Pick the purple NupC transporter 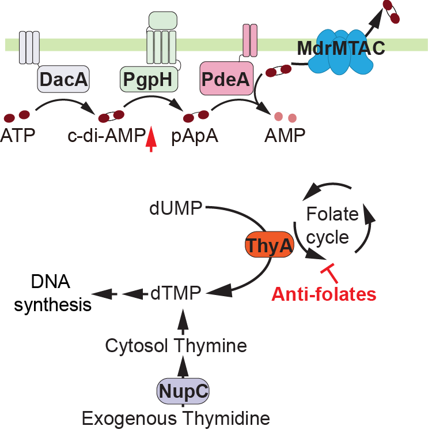(183, 392)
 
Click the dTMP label (176, 293)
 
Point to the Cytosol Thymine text (176, 345)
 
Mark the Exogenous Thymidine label (176, 417)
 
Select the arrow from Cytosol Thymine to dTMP (183, 319)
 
